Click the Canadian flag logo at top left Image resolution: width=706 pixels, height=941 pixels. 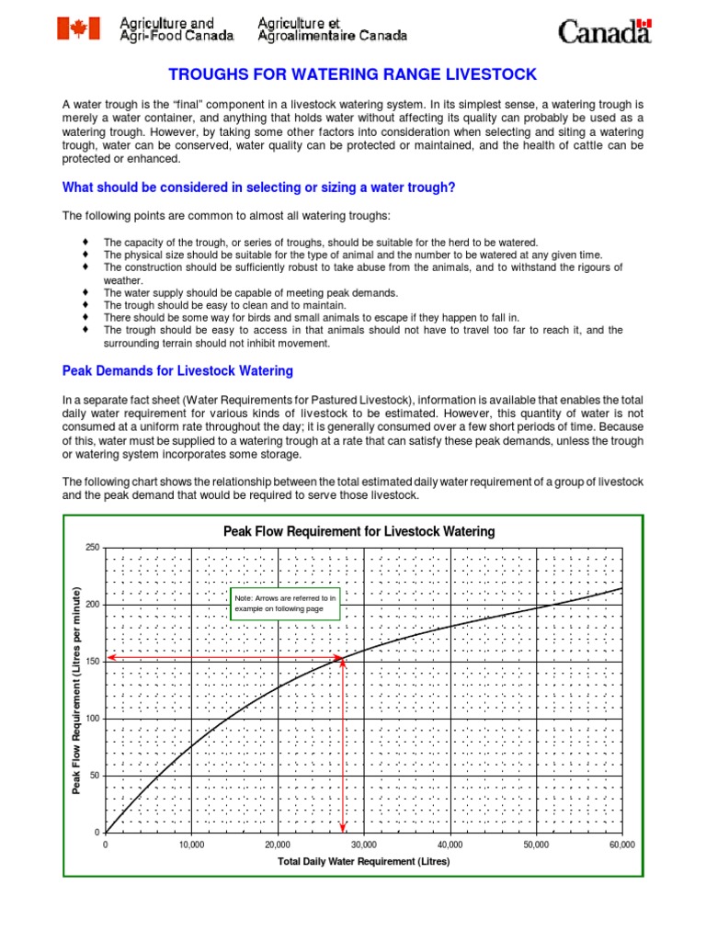tap(78, 28)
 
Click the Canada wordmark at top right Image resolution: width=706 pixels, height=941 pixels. tap(605, 32)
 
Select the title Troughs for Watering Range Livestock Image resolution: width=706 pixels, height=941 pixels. tap(352, 74)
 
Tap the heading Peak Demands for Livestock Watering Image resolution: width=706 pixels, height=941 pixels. tap(177, 371)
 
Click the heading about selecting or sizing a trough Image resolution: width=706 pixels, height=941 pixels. tap(258, 187)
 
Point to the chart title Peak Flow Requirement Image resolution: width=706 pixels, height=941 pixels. tap(359, 531)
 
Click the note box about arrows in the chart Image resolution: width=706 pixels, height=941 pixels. tap(285, 604)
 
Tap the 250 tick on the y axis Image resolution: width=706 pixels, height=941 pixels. tap(91, 548)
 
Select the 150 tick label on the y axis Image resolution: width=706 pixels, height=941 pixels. tap(91, 662)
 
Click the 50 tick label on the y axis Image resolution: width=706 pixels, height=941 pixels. tap(94, 776)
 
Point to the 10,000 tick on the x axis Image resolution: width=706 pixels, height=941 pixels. tap(191, 845)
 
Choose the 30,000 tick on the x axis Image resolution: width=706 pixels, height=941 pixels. tap(363, 845)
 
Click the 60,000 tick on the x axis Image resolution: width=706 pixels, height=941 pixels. tap(621, 845)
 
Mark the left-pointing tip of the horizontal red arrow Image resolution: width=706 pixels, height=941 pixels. tap(108, 657)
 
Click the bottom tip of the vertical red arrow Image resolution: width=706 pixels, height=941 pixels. tap(344, 830)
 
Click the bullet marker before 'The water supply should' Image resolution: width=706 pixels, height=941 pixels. tap(85, 292)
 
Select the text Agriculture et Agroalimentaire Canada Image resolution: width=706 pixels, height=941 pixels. tap(331, 29)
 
